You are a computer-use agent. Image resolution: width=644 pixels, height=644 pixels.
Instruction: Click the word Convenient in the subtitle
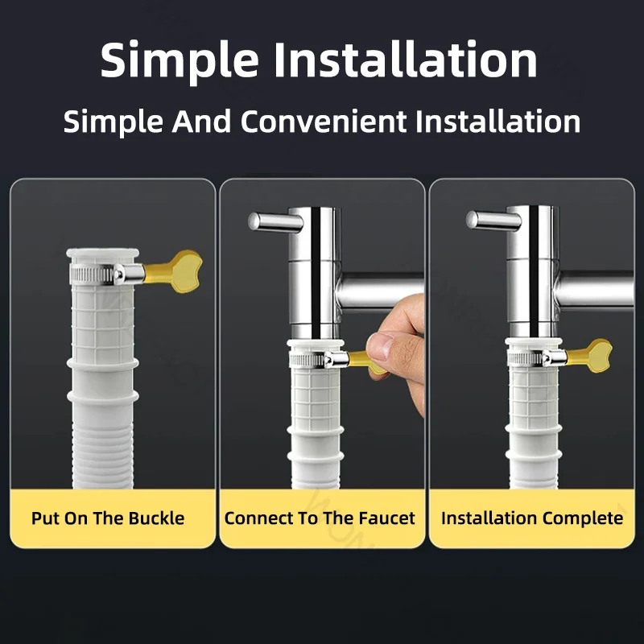tap(324, 122)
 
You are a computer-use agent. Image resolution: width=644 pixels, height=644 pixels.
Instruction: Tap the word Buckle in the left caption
tap(156, 518)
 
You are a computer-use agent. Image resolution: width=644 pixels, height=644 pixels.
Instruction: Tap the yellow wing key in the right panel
tap(588, 355)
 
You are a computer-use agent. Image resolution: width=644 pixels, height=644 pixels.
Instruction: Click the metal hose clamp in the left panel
tap(107, 274)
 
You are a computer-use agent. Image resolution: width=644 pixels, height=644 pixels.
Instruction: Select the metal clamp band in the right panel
tap(537, 358)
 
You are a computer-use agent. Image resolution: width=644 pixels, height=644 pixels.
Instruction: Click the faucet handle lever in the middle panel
tap(275, 222)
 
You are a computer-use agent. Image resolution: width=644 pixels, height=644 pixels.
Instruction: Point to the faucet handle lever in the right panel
tap(493, 221)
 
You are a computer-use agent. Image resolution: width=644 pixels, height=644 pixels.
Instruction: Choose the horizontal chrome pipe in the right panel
tap(595, 290)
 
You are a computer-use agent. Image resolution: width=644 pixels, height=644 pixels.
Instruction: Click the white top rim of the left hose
tap(103, 253)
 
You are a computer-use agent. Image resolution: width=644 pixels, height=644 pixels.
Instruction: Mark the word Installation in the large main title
tap(406, 60)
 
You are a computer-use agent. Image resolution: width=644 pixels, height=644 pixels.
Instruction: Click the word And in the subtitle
tap(201, 122)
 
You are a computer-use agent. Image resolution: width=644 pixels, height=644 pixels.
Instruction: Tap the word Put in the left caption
tap(45, 518)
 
